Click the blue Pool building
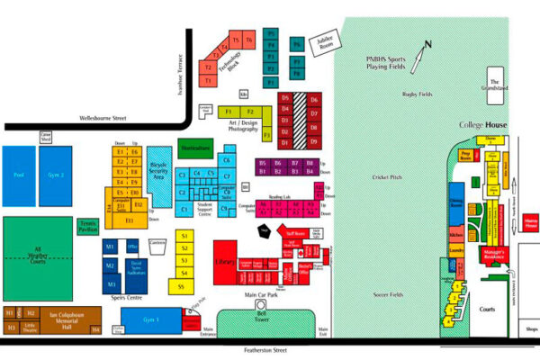(x=17, y=175)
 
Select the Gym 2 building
(x=57, y=175)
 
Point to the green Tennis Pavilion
(x=88, y=226)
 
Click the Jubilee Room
(x=323, y=44)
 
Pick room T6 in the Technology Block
(x=248, y=40)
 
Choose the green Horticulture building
(x=195, y=148)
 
